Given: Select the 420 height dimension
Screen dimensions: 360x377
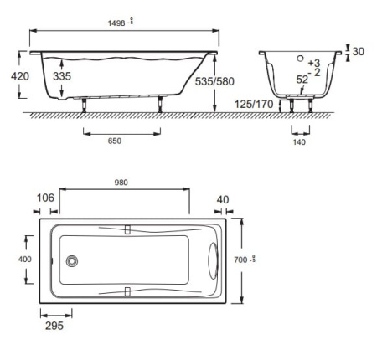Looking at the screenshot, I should (21, 76).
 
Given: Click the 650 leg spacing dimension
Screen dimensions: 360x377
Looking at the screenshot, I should (114, 141).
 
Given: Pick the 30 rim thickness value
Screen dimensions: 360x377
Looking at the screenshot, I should (359, 52).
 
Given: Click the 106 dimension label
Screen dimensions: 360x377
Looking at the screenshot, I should (46, 198).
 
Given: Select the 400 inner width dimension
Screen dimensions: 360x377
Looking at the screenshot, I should (25, 260).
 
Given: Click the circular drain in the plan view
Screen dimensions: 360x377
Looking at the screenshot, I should (73, 261).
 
